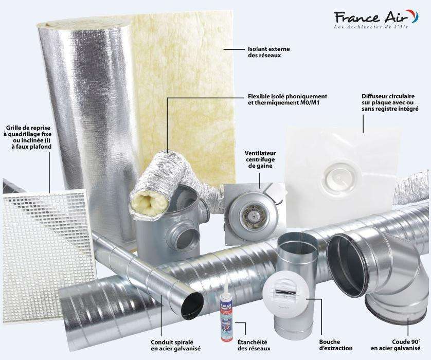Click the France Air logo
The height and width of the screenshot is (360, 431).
(376, 19)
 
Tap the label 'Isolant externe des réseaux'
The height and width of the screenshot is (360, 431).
(268, 52)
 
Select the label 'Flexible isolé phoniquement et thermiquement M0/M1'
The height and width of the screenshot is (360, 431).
(287, 100)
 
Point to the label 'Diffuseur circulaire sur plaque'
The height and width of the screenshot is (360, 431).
(390, 102)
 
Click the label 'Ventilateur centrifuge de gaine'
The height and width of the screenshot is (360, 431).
(260, 159)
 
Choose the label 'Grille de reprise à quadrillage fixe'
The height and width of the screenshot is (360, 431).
(29, 137)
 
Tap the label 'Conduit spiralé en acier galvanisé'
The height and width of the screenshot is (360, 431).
(175, 345)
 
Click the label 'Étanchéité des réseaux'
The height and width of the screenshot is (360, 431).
(254, 345)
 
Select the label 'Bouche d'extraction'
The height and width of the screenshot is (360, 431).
(336, 345)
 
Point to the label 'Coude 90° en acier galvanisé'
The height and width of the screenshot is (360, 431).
(396, 345)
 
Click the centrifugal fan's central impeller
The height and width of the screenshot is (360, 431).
(249, 213)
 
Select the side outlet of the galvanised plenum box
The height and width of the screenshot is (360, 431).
(186, 236)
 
